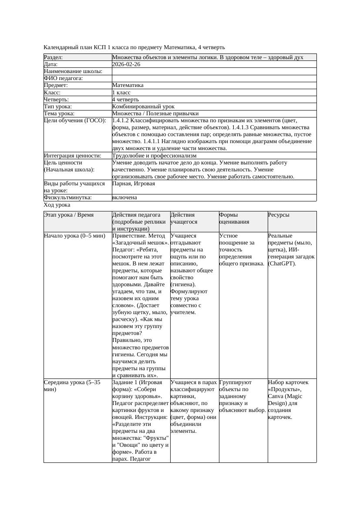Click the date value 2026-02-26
click(x=126, y=64)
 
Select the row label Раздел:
click(x=54, y=57)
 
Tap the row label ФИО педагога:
click(x=64, y=78)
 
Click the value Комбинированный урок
click(x=143, y=107)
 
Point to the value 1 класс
click(x=121, y=93)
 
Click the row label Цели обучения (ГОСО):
click(x=75, y=121)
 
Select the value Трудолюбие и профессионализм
click(x=154, y=155)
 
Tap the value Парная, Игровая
click(x=133, y=184)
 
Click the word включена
click(x=124, y=198)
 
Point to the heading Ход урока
click(x=57, y=205)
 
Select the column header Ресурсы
click(x=279, y=215)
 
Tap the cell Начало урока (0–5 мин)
click(x=74, y=236)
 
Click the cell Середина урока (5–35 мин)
click(x=72, y=386)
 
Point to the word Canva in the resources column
click(x=276, y=396)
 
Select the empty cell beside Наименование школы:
click(x=214, y=71)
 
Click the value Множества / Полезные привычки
click(x=155, y=114)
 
